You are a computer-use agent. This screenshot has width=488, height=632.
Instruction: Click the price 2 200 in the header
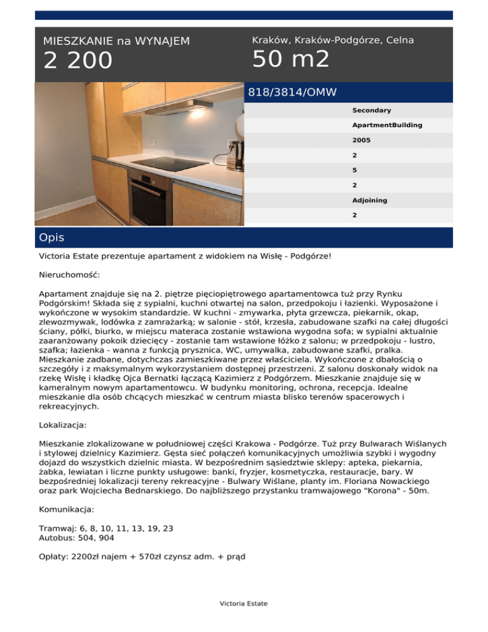point(78,61)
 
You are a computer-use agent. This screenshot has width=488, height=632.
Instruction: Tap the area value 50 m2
point(290,59)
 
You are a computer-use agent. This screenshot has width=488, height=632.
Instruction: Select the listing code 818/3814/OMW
point(292,93)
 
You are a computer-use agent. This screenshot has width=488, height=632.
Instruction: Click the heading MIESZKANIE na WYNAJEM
point(116,41)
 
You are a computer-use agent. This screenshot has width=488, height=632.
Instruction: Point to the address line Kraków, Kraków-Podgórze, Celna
point(332,40)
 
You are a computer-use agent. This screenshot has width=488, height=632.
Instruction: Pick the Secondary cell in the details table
point(371,111)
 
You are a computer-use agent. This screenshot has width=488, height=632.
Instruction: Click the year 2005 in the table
point(362,141)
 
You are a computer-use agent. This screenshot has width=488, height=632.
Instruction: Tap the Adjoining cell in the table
point(369,200)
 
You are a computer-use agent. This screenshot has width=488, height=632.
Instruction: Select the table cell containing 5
point(355,170)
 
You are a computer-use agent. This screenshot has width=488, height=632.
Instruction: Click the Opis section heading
point(51,238)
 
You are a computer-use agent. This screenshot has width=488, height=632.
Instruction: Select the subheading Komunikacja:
point(67,509)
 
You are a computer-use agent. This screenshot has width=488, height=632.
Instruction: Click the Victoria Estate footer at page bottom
point(243,603)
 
